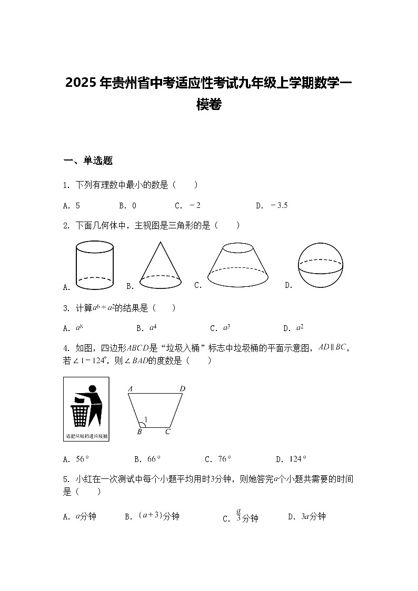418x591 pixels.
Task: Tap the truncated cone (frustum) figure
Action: (x=238, y=265)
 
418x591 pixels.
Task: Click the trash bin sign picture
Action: (x=86, y=409)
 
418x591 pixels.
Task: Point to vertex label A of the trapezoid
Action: (x=130, y=389)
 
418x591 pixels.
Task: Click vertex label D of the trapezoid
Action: (x=182, y=389)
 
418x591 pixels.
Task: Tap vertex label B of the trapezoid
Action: (x=140, y=432)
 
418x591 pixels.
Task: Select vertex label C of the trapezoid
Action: (x=167, y=432)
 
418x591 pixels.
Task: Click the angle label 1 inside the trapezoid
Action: (x=146, y=420)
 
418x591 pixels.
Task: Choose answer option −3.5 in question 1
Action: (x=279, y=206)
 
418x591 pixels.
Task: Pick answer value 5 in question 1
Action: (x=78, y=206)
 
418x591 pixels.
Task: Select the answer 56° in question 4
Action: (x=82, y=459)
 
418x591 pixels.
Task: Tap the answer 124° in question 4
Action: (x=297, y=459)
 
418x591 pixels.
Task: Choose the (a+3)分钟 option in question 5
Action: (x=159, y=516)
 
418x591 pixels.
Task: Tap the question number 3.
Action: (x=66, y=308)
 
